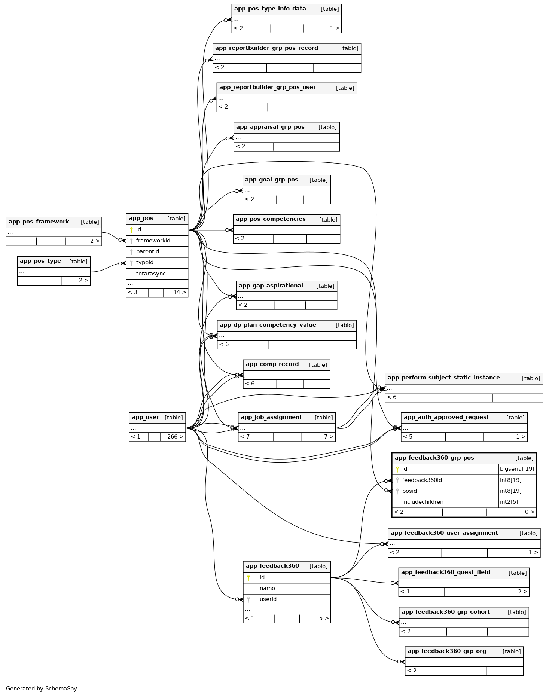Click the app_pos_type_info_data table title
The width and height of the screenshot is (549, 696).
click(270, 9)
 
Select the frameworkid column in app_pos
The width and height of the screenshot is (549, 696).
click(153, 241)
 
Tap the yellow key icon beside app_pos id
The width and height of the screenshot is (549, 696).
click(131, 230)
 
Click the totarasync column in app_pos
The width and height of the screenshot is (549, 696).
click(151, 274)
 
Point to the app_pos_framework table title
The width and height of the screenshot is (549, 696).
click(39, 222)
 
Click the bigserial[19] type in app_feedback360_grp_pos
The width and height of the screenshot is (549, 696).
click(517, 469)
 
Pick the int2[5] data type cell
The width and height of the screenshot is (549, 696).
click(509, 502)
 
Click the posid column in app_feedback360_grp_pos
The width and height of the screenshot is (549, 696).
click(409, 491)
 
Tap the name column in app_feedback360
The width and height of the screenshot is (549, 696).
click(267, 589)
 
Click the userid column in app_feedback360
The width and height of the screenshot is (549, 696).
click(268, 599)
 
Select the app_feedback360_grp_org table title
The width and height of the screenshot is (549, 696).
click(446, 651)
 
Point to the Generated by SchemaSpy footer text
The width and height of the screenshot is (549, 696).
click(41, 689)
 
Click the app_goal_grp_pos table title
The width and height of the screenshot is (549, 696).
click(271, 180)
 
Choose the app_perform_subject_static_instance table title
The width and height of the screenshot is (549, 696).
click(443, 378)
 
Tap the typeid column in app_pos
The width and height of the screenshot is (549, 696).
click(144, 263)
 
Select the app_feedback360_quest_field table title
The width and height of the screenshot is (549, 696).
click(445, 573)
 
